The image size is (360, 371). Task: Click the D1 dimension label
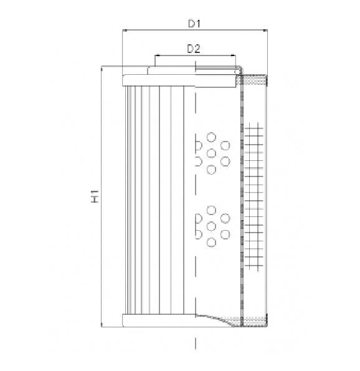pyautogui.click(x=195, y=24)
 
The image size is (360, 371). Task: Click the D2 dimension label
pyautogui.click(x=193, y=49)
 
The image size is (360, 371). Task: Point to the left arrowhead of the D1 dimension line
pyautogui.click(x=125, y=31)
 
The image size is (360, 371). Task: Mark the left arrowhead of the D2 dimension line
pyautogui.click(x=156, y=55)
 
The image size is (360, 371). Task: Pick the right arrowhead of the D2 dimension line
pyautogui.click(x=236, y=55)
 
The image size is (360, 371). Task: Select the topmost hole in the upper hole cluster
pyautogui.click(x=211, y=137)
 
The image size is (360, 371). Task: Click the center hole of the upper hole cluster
pyautogui.click(x=211, y=153)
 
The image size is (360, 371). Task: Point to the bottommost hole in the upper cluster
pyautogui.click(x=211, y=170)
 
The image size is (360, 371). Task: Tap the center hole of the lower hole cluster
pyautogui.click(x=211, y=225)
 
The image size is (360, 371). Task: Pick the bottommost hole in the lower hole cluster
pyautogui.click(x=211, y=241)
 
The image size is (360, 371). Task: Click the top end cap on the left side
pyautogui.click(x=159, y=79)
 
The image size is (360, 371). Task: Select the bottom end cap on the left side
pyautogui.click(x=159, y=320)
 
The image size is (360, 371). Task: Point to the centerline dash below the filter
pyautogui.click(x=196, y=344)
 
